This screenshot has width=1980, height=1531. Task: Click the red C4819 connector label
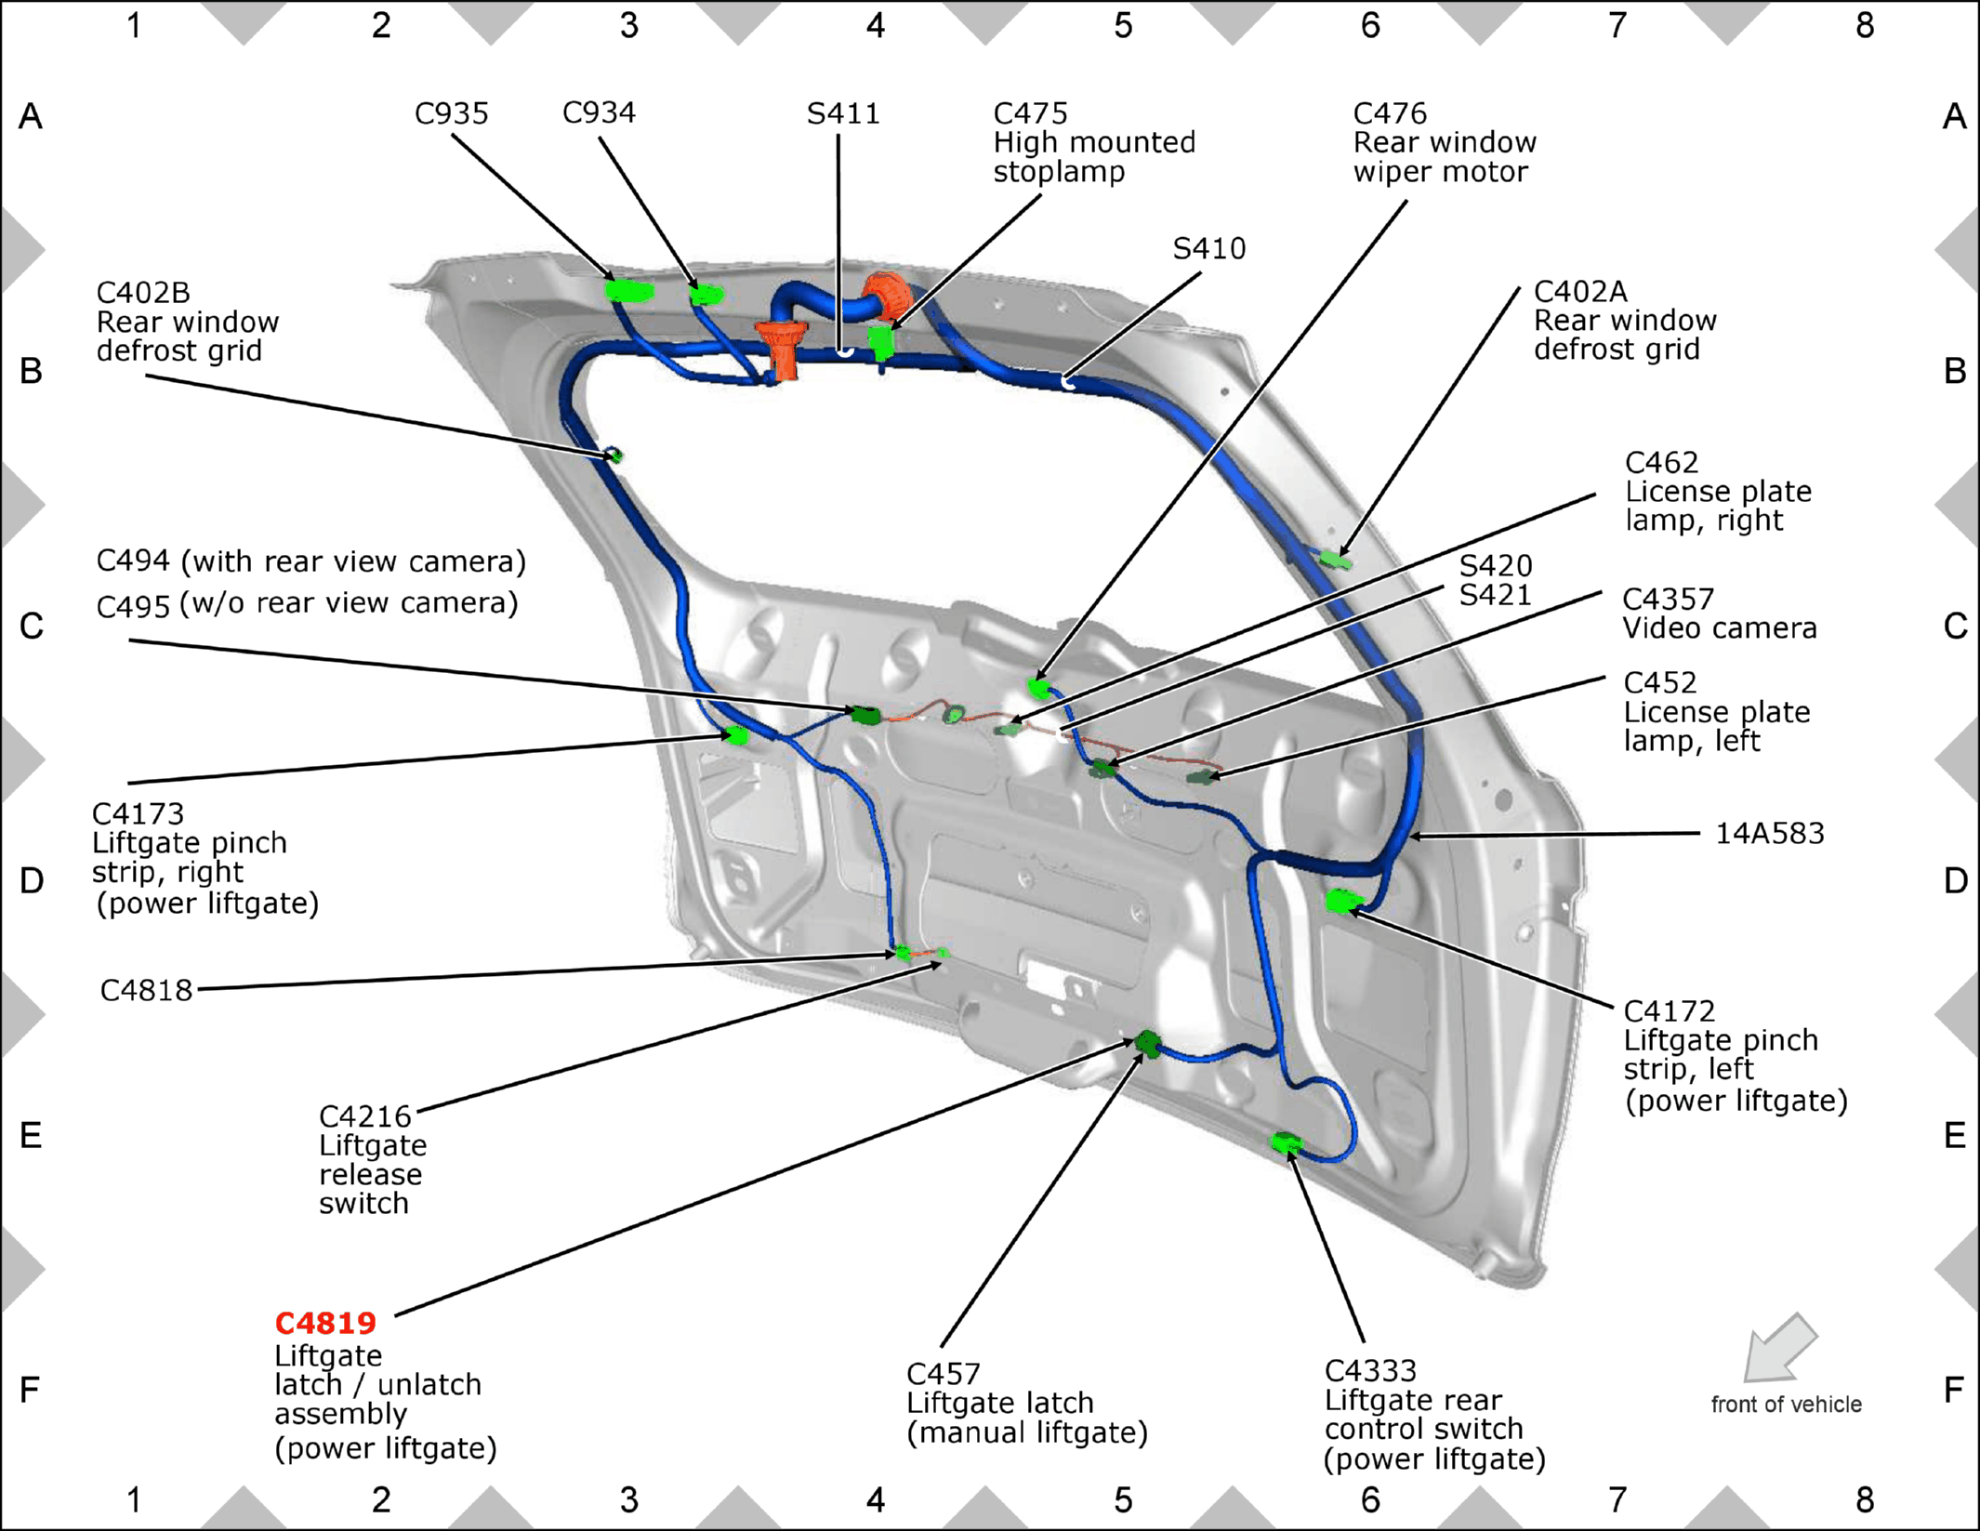pyautogui.click(x=325, y=1323)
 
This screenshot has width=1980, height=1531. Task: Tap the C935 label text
pyautogui.click(x=451, y=113)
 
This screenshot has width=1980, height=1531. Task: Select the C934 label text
pyautogui.click(x=599, y=112)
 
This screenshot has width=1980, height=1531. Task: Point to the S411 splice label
pyautogui.click(x=842, y=113)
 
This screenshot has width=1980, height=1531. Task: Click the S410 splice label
pyautogui.click(x=1208, y=248)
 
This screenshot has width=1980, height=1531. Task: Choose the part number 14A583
pyautogui.click(x=1769, y=833)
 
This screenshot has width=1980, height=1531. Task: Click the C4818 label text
pyautogui.click(x=146, y=990)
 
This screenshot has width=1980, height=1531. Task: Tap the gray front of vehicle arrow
pyautogui.click(x=1779, y=1347)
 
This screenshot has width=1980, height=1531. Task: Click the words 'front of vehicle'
pyautogui.click(x=1786, y=1405)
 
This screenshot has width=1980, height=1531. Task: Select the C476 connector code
pyautogui.click(x=1389, y=113)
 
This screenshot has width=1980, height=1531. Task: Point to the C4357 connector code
pyautogui.click(x=1668, y=599)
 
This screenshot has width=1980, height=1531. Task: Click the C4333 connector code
pyautogui.click(x=1370, y=1371)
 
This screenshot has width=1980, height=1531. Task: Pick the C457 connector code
pyautogui.click(x=943, y=1374)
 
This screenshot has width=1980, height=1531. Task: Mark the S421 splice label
pyautogui.click(x=1495, y=595)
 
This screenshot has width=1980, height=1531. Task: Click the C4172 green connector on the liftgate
pyautogui.click(x=1343, y=901)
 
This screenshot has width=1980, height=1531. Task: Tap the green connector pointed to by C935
pyautogui.click(x=629, y=291)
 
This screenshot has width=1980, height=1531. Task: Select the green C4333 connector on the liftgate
pyautogui.click(x=1286, y=1142)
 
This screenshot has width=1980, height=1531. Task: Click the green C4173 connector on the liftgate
pyautogui.click(x=736, y=736)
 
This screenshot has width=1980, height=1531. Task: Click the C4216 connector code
pyautogui.click(x=364, y=1116)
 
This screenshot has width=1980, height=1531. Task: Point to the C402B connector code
pyautogui.click(x=143, y=293)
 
